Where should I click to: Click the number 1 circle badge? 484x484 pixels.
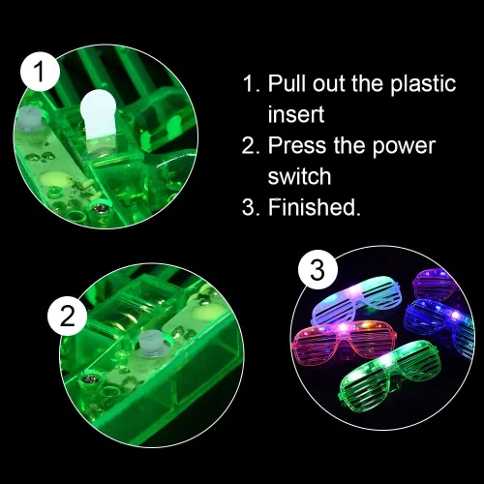point(41,72)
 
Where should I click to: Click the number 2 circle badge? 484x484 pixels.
point(68,317)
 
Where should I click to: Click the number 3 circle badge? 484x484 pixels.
point(318,270)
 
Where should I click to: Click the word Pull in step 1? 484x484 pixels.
point(287,83)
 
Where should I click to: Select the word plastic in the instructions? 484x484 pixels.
point(423,84)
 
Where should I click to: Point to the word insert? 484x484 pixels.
point(296,114)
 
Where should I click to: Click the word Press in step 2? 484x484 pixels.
point(297,145)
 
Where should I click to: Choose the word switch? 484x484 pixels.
point(299,176)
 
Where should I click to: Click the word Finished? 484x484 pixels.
point(314,207)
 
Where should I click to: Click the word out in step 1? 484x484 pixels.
point(329,83)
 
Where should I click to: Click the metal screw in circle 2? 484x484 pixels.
point(88,378)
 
